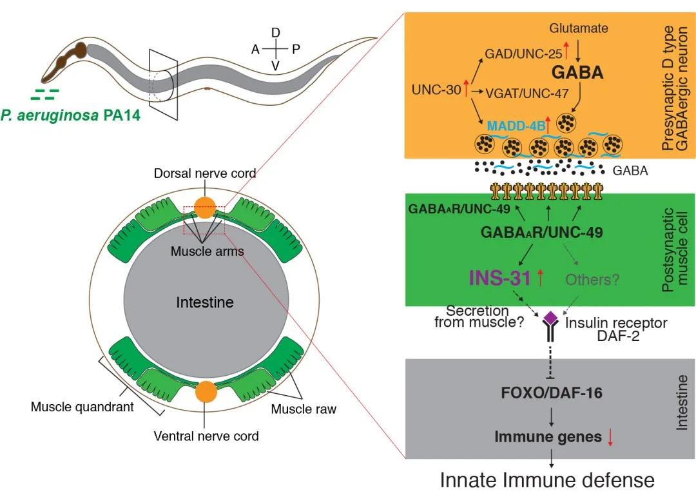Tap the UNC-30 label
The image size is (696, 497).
tap(435, 90)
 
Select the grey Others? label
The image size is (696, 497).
tap(595, 279)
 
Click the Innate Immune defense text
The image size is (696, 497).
tap(547, 480)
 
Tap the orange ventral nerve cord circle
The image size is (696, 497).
tap(206, 391)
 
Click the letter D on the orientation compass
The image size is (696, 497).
tap(276, 32)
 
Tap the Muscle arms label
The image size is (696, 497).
tap(207, 251)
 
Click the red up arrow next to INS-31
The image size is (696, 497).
tap(540, 278)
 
